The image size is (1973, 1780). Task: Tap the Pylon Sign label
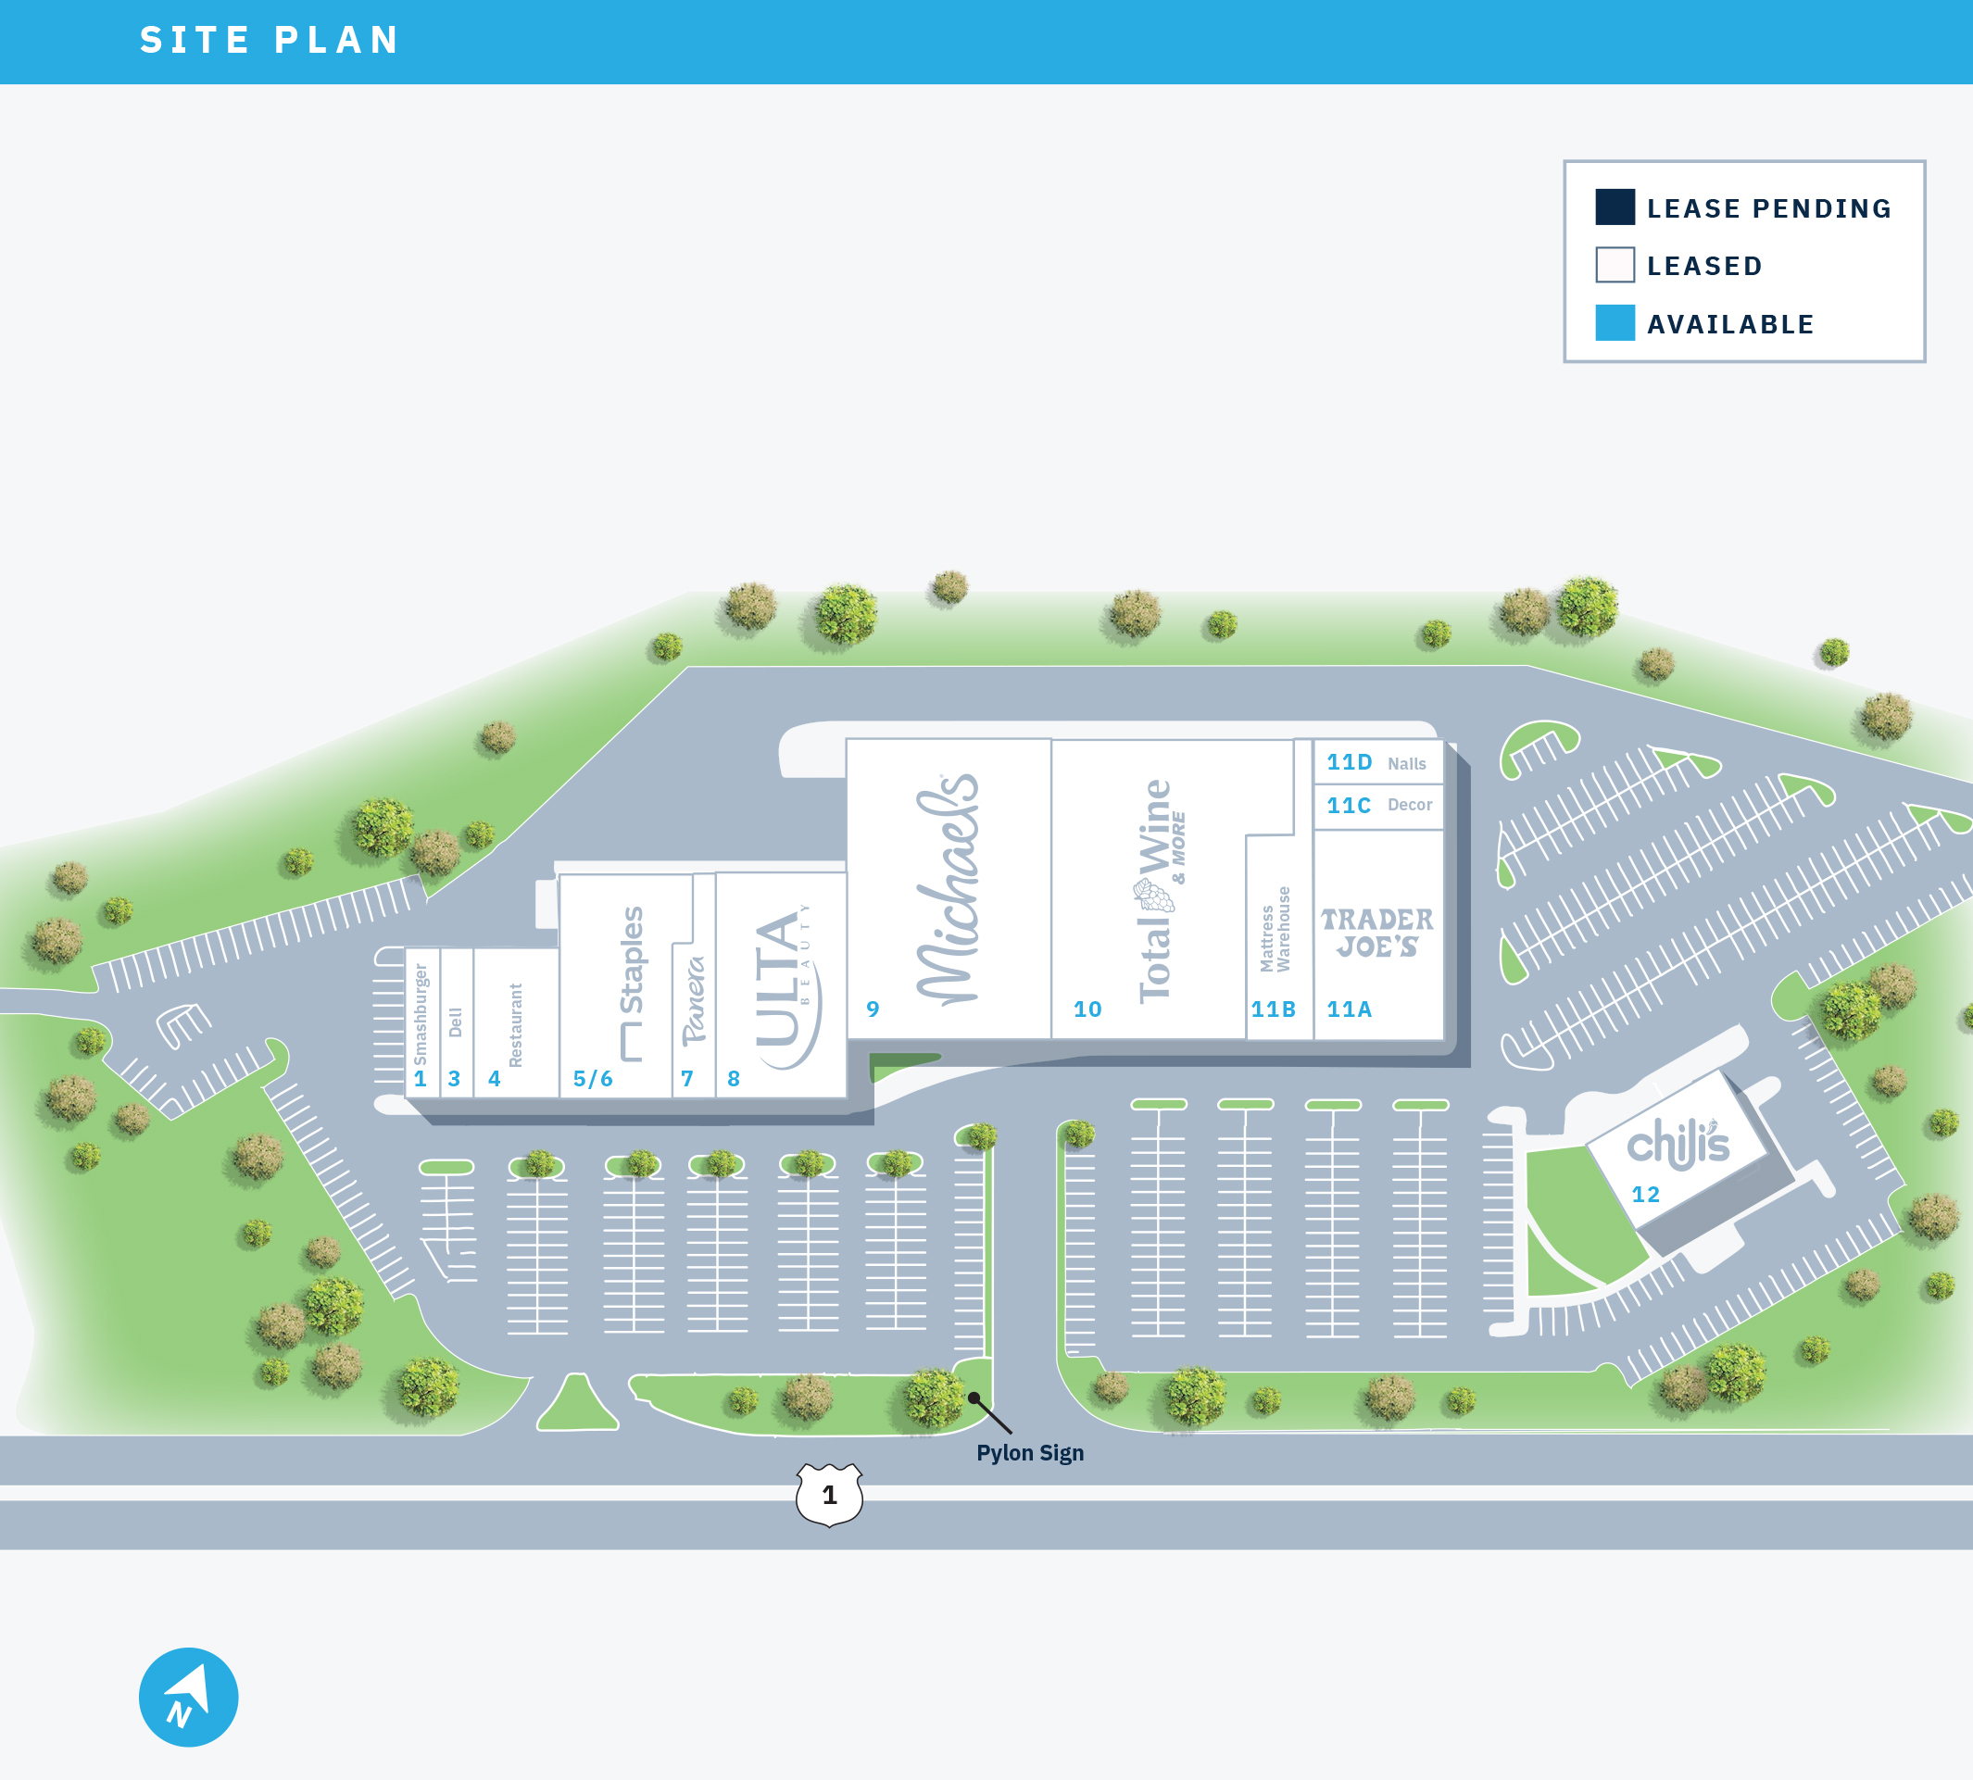[x=1029, y=1453]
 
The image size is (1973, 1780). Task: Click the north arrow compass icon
[x=189, y=1697]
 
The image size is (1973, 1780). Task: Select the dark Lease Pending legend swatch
[x=1614, y=207]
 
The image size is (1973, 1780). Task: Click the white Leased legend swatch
[x=1614, y=265]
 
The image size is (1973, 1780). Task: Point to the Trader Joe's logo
[x=1376, y=933]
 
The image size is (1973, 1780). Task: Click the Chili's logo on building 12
[x=1677, y=1145]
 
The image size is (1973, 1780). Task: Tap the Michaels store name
[x=947, y=890]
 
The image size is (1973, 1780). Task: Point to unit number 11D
[x=1349, y=763]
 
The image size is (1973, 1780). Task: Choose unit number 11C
[x=1348, y=806]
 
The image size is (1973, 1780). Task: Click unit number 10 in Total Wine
[x=1087, y=1009]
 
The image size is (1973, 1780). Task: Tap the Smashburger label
[x=421, y=1014]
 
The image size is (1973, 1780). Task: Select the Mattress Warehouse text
[x=1275, y=929]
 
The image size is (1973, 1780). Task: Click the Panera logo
[x=694, y=1000]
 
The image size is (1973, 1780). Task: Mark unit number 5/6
[x=593, y=1079]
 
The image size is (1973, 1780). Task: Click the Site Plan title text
[x=269, y=40]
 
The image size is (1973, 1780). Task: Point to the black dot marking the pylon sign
[x=974, y=1398]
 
